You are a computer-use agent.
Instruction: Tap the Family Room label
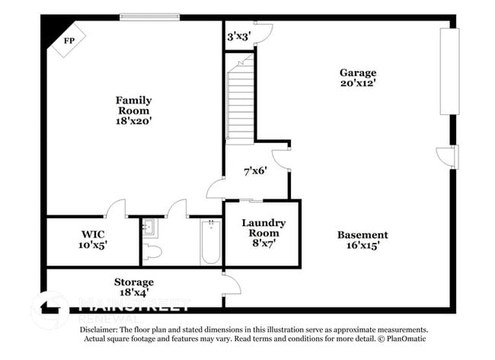[133, 105]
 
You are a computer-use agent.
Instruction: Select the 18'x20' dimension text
[133, 120]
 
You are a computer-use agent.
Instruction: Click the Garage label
[357, 73]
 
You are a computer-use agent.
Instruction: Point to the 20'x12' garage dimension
[357, 84]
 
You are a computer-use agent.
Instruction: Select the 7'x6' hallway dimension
[254, 170]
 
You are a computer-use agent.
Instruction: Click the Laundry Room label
[263, 228]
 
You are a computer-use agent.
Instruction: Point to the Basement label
[362, 235]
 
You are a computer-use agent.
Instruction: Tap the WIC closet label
[93, 234]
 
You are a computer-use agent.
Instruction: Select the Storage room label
[134, 282]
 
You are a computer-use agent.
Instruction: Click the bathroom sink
[149, 226]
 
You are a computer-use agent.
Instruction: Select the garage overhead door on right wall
[449, 72]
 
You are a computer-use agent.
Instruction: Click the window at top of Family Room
[150, 16]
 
